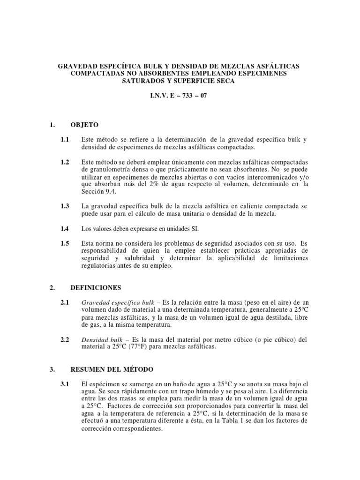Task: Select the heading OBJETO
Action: coord(84,125)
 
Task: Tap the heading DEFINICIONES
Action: coord(96,288)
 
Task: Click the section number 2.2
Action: coord(65,339)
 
